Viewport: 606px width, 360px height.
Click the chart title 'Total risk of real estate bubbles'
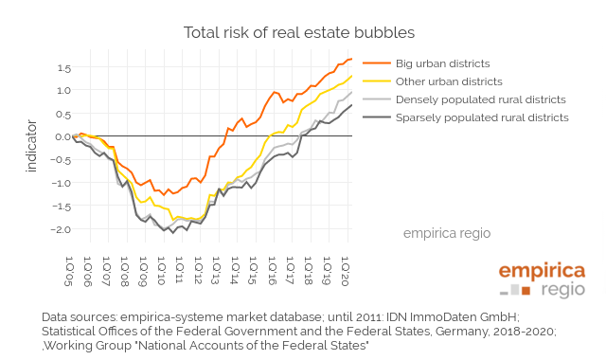(299, 32)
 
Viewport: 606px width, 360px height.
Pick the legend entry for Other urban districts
(449, 81)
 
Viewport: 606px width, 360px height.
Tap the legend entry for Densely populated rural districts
(480, 99)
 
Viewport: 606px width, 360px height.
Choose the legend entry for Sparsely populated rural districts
(482, 117)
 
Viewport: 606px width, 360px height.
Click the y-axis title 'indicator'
(32, 145)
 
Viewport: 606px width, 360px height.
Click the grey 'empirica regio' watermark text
(447, 232)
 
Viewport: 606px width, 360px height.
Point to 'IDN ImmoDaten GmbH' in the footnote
(451, 316)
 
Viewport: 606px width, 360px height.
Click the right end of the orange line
(351, 60)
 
